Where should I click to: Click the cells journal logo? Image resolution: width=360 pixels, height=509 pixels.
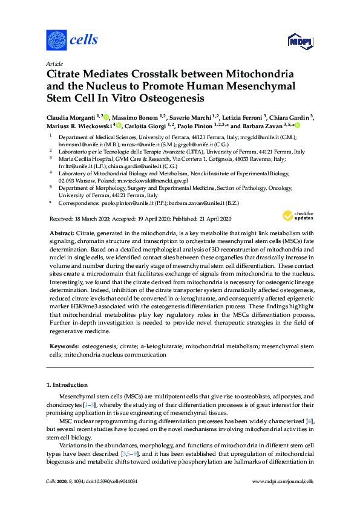click(72, 41)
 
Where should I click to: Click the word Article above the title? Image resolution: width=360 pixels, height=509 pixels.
click(54, 63)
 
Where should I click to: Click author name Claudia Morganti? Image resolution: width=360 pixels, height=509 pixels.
click(73, 117)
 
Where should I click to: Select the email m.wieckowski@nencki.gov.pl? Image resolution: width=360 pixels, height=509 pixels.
click(154, 180)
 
